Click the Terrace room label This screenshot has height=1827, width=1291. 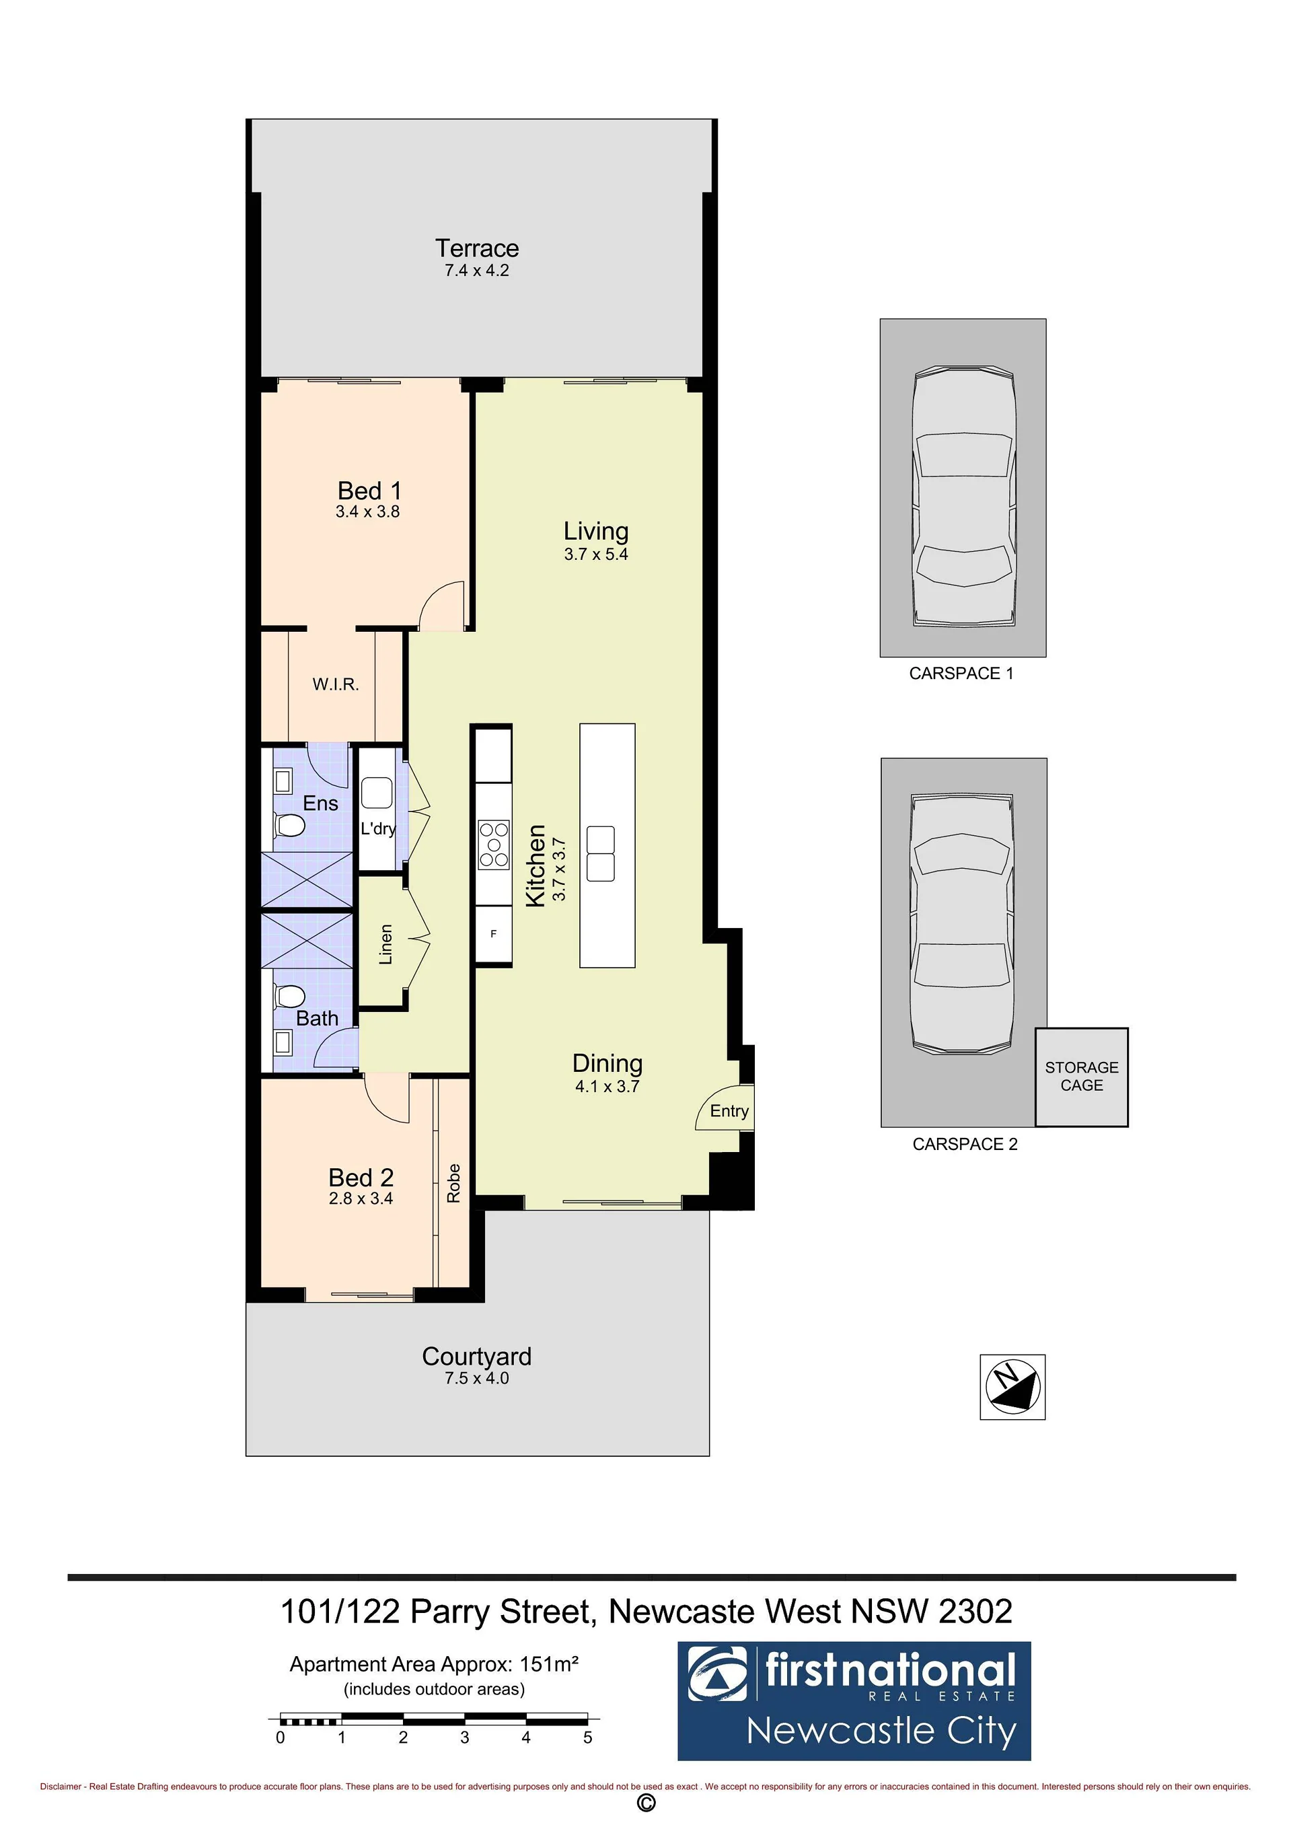[x=476, y=248]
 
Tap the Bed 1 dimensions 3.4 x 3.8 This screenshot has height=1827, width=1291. [x=367, y=511]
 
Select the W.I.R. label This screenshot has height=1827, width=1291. [x=336, y=684]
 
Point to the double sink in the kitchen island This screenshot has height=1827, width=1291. [x=601, y=854]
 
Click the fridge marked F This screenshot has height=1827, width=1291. [x=493, y=933]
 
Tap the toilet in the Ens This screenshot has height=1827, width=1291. [x=289, y=825]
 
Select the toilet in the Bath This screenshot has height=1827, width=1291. [x=289, y=996]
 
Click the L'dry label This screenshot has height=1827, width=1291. [x=378, y=828]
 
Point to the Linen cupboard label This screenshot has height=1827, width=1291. [x=385, y=945]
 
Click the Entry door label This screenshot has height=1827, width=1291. [x=729, y=1111]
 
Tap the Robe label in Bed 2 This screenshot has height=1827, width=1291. [x=453, y=1182]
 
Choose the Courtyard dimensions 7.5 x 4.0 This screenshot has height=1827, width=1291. [x=476, y=1378]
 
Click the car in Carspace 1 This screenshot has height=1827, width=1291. [x=963, y=497]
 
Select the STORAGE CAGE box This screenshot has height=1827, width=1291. [x=1082, y=1077]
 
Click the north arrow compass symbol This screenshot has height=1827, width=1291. [x=1012, y=1387]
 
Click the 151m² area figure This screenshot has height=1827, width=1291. [x=549, y=1664]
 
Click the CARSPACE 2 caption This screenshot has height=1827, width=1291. [x=965, y=1143]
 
